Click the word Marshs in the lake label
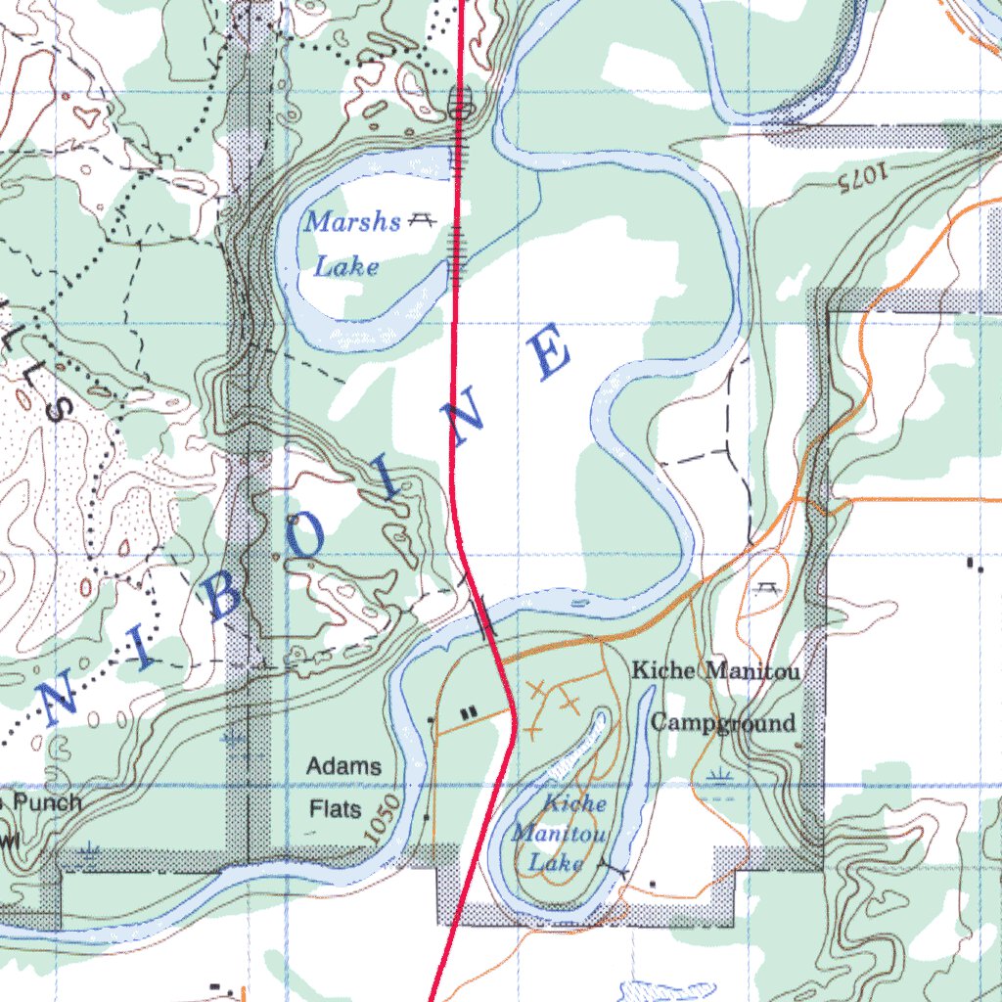click(x=352, y=222)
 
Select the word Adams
click(x=343, y=766)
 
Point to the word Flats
click(x=336, y=810)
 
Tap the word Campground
click(x=723, y=723)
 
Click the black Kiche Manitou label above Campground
click(x=715, y=671)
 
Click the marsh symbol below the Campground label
click(x=721, y=779)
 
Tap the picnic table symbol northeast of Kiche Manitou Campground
click(x=765, y=588)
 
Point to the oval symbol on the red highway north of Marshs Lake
click(x=461, y=101)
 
